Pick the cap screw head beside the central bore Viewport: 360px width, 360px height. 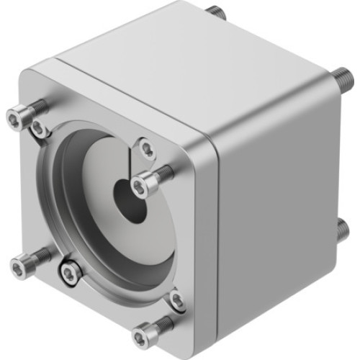tap(139, 186)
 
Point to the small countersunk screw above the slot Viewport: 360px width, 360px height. tap(147, 149)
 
